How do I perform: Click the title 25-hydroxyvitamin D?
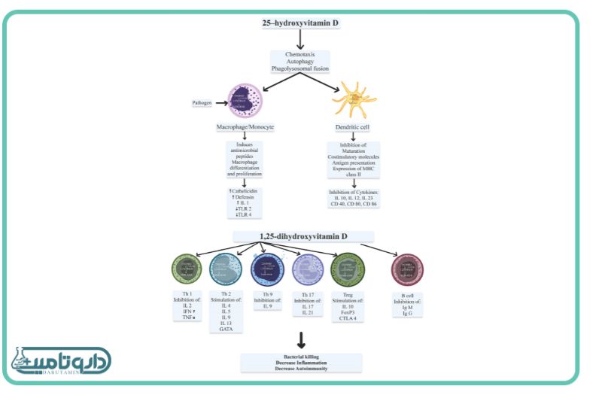pyautogui.click(x=300, y=24)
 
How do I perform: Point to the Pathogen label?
pyautogui.click(x=200, y=102)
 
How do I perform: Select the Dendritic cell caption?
pyautogui.click(x=352, y=129)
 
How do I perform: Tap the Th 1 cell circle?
pyautogui.click(x=187, y=269)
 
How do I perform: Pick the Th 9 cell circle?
pyautogui.click(x=267, y=269)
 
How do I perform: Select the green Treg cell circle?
pyautogui.click(x=348, y=269)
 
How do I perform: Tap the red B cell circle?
pyautogui.click(x=409, y=269)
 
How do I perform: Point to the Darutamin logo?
pyautogui.click(x=60, y=363)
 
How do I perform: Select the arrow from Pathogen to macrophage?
pyautogui.click(x=220, y=102)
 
